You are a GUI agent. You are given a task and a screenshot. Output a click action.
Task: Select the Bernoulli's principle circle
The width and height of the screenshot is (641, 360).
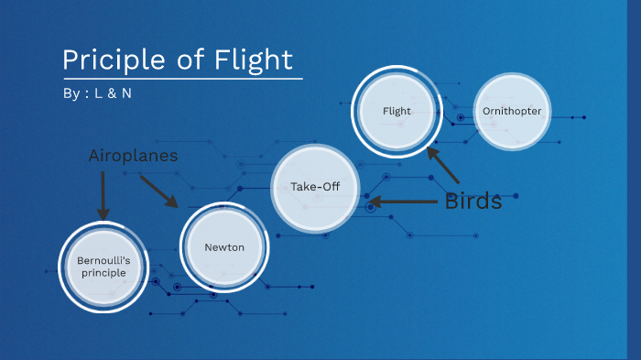click(103, 267)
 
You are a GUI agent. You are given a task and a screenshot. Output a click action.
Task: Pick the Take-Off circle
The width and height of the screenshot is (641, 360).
click(315, 187)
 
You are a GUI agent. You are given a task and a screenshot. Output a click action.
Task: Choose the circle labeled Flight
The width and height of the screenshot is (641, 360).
click(397, 111)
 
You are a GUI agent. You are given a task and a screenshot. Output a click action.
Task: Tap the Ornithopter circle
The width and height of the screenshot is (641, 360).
click(512, 111)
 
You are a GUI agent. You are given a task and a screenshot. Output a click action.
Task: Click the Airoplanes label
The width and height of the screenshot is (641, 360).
click(133, 156)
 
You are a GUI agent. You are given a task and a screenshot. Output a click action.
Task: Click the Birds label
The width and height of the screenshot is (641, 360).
click(473, 202)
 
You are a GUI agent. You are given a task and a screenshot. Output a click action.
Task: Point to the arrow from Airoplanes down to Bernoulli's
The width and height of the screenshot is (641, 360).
click(103, 195)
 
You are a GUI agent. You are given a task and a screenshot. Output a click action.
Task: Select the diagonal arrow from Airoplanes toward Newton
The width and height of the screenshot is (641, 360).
click(158, 191)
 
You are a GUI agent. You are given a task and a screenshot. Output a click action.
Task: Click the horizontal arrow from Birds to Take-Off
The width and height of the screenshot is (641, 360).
click(403, 202)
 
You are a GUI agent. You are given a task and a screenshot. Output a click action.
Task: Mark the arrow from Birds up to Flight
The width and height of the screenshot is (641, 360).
click(443, 165)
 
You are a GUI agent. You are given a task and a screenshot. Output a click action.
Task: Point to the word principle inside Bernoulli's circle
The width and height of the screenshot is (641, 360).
click(103, 273)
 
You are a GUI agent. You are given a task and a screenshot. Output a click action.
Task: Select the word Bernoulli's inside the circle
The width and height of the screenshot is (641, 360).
click(103, 260)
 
